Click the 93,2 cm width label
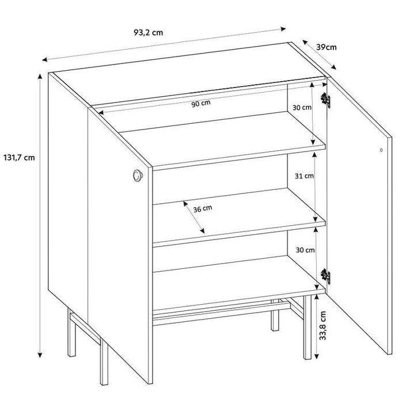click(x=149, y=32)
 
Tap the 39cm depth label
click(x=326, y=47)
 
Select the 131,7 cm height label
click(x=19, y=157)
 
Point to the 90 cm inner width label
click(x=201, y=103)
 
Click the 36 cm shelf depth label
click(x=203, y=208)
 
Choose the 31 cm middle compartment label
click(x=305, y=176)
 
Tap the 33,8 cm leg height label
click(x=322, y=326)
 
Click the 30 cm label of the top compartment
click(x=302, y=107)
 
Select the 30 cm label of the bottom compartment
click(x=305, y=250)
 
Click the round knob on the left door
click(x=138, y=176)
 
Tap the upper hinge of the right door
click(x=325, y=100)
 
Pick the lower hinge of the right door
click(x=325, y=276)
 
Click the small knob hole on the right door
click(x=381, y=150)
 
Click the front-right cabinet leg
click(x=307, y=327)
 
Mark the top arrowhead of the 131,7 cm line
click(x=40, y=77)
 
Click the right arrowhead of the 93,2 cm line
click(x=283, y=29)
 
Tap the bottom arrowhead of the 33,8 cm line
click(x=317, y=356)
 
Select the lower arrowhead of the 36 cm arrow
click(x=203, y=231)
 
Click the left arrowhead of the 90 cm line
click(x=101, y=112)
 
